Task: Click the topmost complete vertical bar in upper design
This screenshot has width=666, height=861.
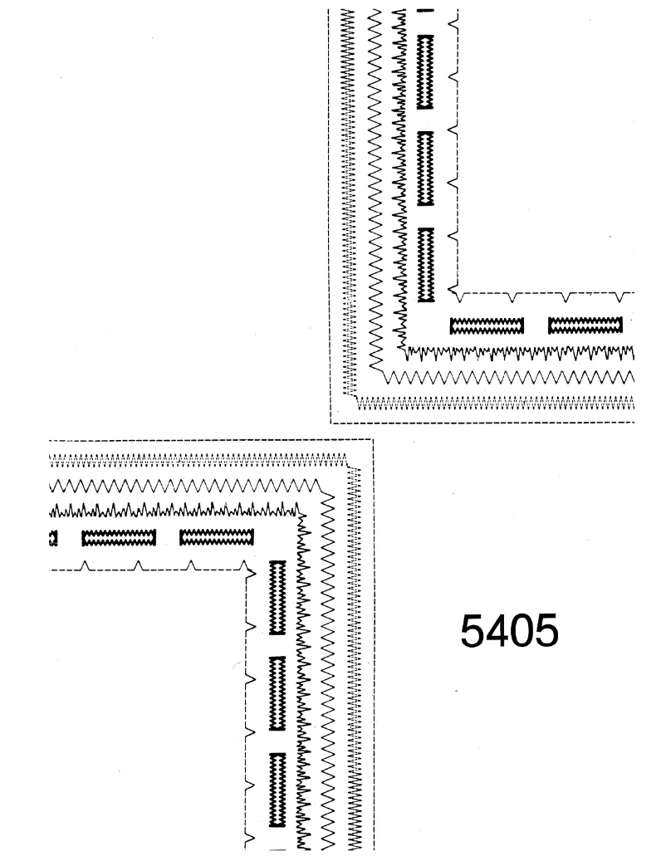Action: [425, 71]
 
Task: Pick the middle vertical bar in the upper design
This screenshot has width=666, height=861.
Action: [425, 169]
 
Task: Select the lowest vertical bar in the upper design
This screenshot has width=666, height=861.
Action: [426, 265]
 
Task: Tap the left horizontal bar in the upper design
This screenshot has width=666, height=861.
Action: [487, 325]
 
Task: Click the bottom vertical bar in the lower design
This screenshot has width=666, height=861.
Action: [277, 790]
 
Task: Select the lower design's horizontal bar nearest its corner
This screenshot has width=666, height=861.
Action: [217, 537]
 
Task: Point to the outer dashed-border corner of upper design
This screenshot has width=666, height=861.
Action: [331, 423]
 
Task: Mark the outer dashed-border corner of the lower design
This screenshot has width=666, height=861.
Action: [373, 440]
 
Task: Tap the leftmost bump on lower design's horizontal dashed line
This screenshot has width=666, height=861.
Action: [84, 565]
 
